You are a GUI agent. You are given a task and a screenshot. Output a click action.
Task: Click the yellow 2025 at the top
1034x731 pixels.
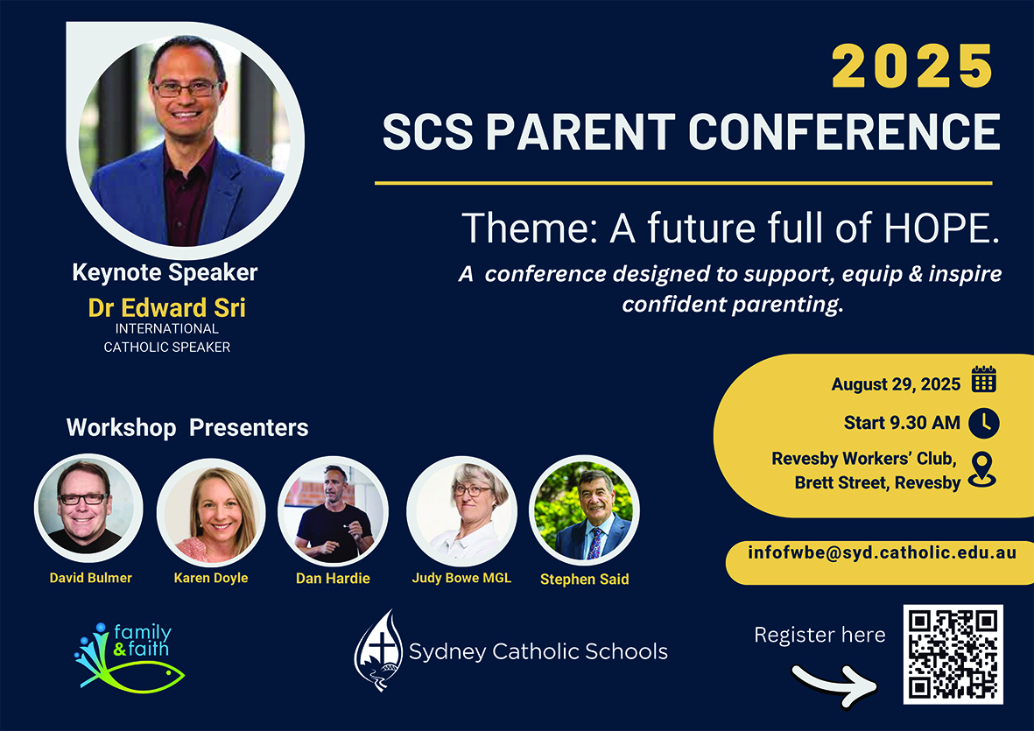coord(912,66)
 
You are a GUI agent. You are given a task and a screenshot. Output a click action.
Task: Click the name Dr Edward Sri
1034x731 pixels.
coord(167,308)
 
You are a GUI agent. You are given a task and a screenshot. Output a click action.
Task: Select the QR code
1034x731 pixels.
coord(953,655)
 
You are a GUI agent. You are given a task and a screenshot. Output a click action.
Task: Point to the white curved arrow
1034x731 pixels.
coord(835,685)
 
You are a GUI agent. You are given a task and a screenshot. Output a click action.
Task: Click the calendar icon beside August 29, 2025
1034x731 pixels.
coord(984,379)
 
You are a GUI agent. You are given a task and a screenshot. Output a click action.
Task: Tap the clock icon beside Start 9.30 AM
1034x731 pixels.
coord(984,423)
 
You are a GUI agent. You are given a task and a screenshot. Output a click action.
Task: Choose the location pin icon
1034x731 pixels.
coord(981,469)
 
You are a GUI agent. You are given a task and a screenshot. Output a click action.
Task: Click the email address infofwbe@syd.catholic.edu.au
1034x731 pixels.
coord(882,552)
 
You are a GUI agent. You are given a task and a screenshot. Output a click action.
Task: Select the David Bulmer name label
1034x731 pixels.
coord(90,578)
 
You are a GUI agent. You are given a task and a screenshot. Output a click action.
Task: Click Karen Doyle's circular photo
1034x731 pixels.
coord(211,513)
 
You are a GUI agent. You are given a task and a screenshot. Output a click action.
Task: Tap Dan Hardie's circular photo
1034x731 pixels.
coord(333,511)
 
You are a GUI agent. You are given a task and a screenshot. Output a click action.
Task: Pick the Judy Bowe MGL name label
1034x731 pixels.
coord(461,578)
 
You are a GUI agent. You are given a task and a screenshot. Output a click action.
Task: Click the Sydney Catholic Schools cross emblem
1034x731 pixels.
coord(378,650)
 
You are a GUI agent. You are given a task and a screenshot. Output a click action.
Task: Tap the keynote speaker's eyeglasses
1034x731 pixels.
coord(186,89)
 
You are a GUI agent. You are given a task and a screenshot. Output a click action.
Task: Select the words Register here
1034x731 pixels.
coord(819,635)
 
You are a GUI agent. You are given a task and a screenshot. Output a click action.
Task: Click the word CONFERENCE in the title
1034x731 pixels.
coord(844,131)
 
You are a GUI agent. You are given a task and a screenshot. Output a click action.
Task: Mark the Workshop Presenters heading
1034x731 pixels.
coord(187,428)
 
